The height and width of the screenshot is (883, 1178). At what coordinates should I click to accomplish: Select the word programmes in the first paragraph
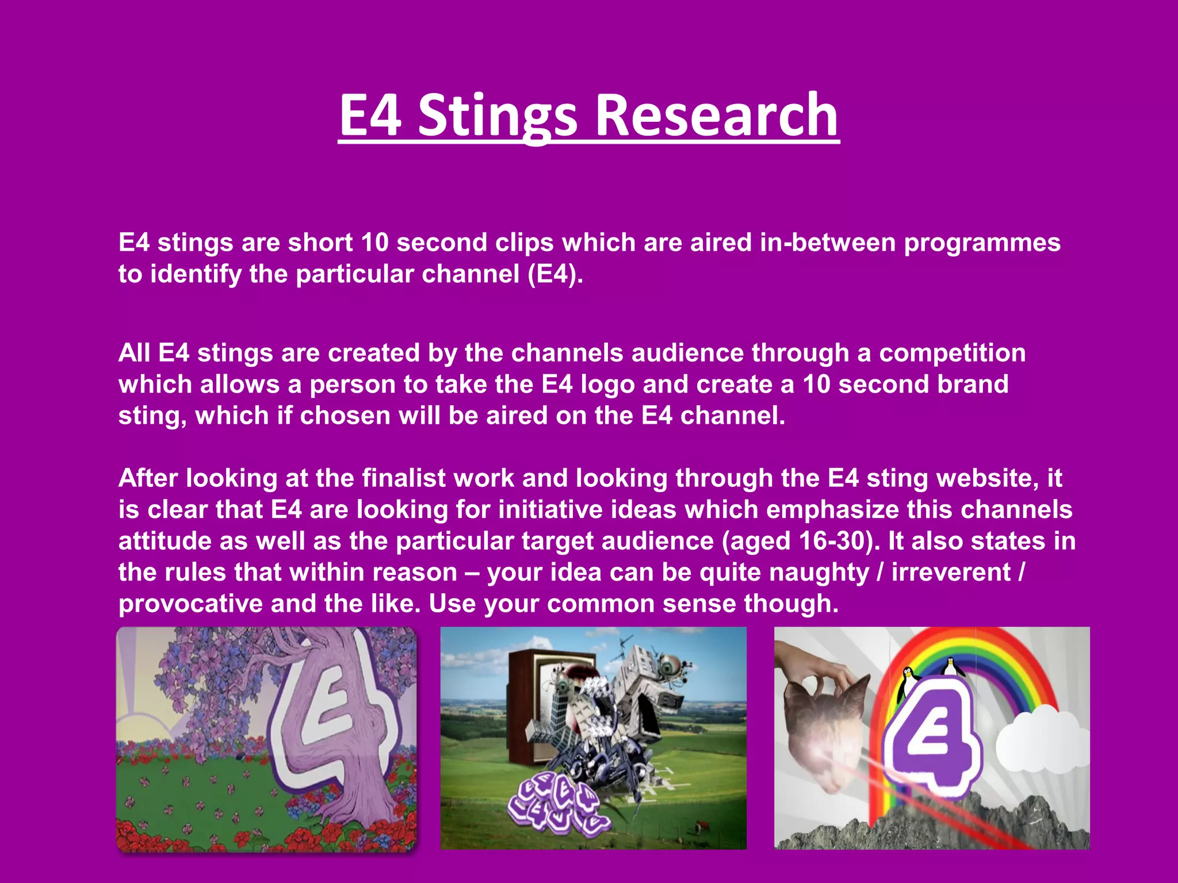click(x=982, y=243)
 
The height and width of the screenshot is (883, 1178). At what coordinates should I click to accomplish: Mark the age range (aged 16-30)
click(x=801, y=541)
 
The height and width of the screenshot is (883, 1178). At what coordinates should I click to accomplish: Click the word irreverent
click(x=951, y=573)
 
